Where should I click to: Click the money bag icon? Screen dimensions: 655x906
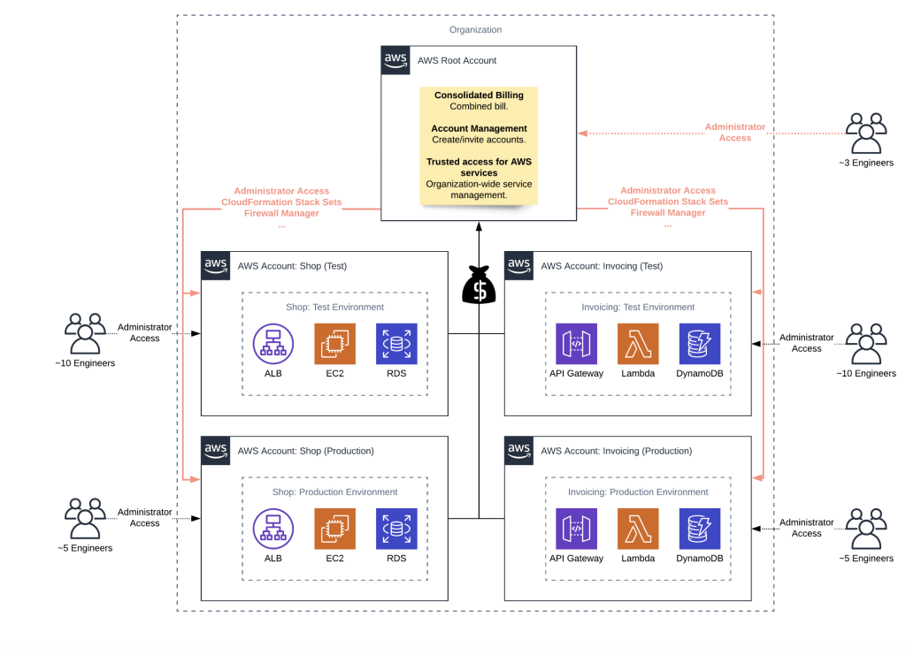tap(478, 286)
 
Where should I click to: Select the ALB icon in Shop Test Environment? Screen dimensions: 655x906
tap(273, 344)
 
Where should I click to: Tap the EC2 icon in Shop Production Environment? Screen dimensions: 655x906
tap(334, 529)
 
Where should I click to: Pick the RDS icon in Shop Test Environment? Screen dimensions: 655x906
tap(395, 344)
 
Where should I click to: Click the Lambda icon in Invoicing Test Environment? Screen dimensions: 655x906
tap(638, 344)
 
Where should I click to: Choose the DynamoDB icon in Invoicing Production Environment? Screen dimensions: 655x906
tap(699, 529)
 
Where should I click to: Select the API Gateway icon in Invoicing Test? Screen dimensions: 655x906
tap(576, 344)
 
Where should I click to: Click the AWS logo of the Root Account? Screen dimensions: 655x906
tap(395, 60)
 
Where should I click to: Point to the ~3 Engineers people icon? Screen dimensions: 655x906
tap(866, 134)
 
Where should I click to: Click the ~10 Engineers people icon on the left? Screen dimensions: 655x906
tap(85, 334)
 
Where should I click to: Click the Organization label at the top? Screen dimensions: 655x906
tap(475, 30)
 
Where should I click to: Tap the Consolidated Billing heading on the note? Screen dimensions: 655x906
tap(479, 95)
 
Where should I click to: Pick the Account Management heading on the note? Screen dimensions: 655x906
tap(479, 128)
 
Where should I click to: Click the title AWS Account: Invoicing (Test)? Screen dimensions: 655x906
tap(602, 265)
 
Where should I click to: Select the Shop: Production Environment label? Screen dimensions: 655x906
tap(334, 491)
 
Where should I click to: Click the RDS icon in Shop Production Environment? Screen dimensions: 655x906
tap(395, 529)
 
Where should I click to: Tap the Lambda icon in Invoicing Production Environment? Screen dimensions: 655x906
tap(638, 529)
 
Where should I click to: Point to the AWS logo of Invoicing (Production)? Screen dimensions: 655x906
tap(519, 450)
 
